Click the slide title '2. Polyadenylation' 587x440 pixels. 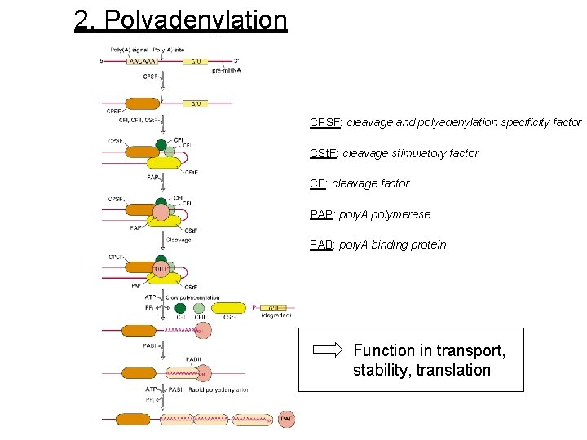(x=180, y=20)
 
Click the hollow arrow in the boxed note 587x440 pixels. (x=329, y=350)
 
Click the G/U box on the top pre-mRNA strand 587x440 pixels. (x=196, y=61)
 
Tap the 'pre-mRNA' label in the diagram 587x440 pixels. (x=227, y=71)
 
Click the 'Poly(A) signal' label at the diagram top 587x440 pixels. (x=129, y=51)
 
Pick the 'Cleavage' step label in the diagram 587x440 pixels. (x=179, y=240)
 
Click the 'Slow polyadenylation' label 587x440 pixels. (x=194, y=297)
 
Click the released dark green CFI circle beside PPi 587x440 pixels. (x=180, y=308)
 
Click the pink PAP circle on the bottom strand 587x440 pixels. (x=287, y=419)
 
